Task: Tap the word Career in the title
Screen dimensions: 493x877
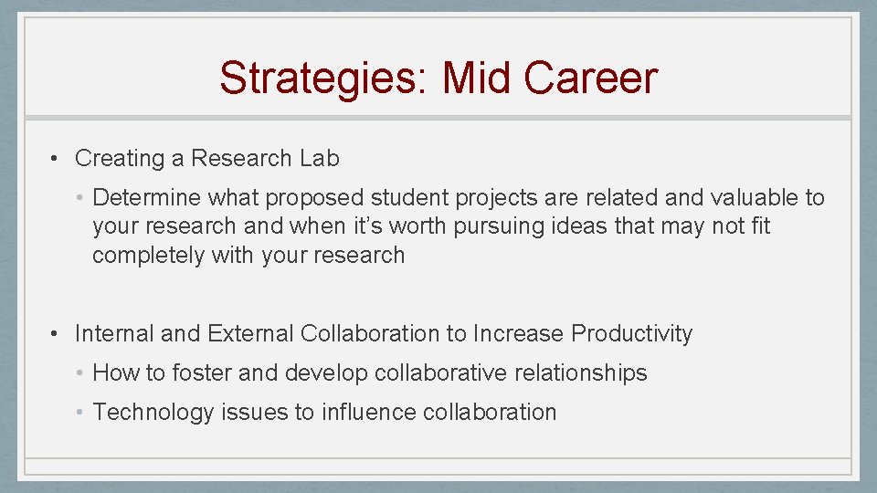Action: click(590, 78)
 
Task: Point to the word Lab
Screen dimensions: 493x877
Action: click(320, 158)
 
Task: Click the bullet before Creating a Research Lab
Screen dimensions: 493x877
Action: click(57, 158)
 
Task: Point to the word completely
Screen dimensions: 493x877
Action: click(148, 255)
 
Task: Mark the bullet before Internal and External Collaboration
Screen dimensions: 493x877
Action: click(57, 334)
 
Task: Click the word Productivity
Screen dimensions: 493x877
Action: click(631, 334)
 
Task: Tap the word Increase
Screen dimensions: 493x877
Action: click(516, 334)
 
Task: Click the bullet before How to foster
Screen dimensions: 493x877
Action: click(80, 372)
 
